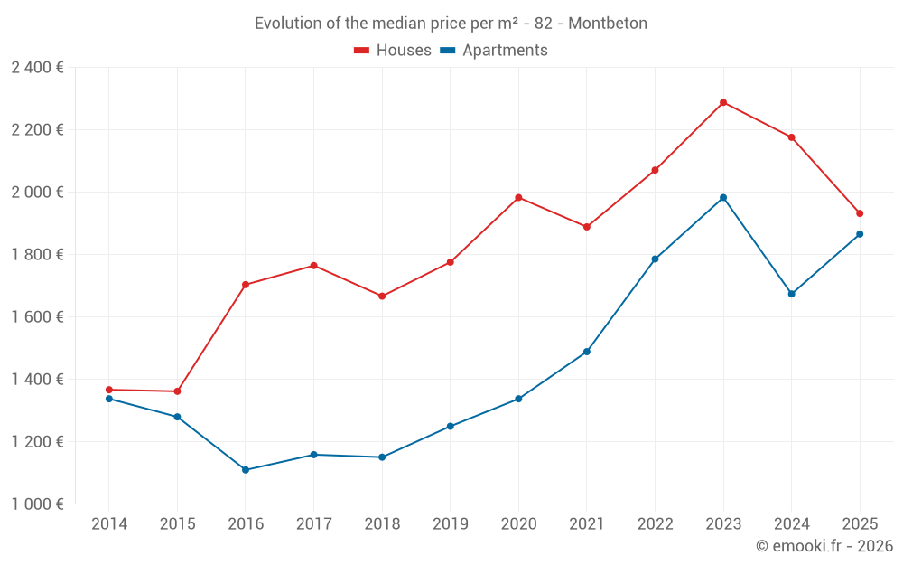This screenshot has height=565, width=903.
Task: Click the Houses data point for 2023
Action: pos(723,102)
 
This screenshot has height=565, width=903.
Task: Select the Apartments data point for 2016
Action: pos(246,470)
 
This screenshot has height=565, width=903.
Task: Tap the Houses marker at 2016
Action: pos(246,285)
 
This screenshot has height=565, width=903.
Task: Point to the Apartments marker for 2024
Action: pos(792,294)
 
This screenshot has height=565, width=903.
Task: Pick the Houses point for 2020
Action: pos(518,197)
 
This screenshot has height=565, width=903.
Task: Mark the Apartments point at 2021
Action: pos(587,352)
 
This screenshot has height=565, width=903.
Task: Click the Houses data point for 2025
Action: pos(860,213)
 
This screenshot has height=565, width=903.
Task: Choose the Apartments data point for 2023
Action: pos(723,197)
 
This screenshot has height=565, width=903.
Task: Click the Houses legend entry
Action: pos(393,51)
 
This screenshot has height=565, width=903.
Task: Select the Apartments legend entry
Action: pos(495,51)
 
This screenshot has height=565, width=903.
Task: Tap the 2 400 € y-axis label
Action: pos(37,68)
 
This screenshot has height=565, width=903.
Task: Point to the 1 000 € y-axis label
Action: pos(37,504)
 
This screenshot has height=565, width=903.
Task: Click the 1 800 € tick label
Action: pos(37,255)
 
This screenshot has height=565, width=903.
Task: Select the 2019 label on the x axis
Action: pos(450,524)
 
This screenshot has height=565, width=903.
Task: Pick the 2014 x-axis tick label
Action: pos(109,524)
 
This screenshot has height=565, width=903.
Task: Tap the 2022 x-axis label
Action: pos(655,524)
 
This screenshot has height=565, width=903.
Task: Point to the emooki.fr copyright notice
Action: pos(824,546)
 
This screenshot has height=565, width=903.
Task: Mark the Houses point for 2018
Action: pos(382,297)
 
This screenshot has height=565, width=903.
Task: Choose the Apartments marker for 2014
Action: pos(109,399)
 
